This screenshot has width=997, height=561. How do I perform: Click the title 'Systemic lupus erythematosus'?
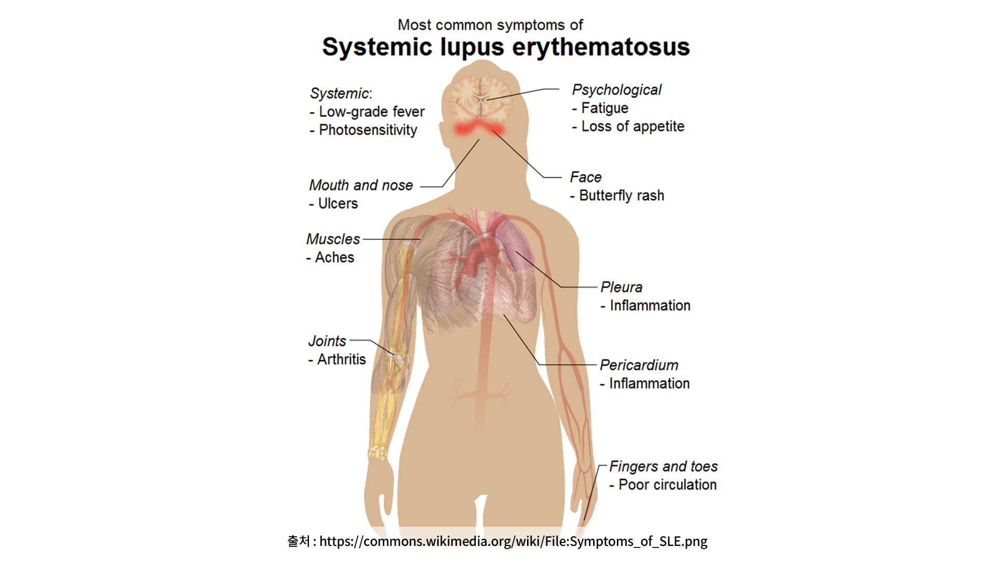506,47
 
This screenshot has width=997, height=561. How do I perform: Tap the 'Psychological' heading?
617,90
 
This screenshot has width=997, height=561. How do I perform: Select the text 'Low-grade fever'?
372,112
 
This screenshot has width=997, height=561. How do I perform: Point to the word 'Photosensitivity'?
368,130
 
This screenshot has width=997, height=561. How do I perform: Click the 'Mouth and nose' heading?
361,185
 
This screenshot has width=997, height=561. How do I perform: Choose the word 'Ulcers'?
338,203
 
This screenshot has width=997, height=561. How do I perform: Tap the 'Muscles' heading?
333,239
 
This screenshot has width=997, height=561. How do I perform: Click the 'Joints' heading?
327,341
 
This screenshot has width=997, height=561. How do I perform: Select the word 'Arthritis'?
342,359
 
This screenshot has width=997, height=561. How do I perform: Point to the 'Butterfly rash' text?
622,196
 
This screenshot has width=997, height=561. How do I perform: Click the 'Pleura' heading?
622,287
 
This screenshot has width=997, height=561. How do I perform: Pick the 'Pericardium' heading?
639,365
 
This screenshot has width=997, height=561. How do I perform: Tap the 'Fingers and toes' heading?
664,466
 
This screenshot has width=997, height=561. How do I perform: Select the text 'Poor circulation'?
668,485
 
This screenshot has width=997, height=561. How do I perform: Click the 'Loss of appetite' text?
633,126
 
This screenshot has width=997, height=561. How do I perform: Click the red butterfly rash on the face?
479,127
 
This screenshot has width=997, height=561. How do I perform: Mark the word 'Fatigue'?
605,108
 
